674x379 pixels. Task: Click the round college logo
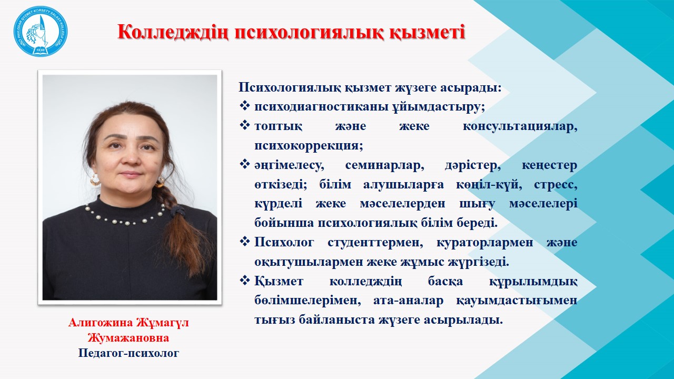[41, 32]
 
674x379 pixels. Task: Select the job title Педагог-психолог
[129, 353]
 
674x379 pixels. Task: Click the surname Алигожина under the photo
[101, 323]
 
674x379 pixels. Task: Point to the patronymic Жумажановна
[128, 338]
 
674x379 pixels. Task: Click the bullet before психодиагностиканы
[245, 106]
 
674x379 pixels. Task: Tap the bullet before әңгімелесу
[245, 164]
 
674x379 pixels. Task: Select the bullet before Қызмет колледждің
[245, 281]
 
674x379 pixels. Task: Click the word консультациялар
[520, 126]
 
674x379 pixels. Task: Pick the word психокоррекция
[309, 146]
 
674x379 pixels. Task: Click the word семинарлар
[384, 165]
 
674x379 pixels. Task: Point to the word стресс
[556, 185]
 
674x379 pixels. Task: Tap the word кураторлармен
[484, 243]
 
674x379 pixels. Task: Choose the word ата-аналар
[408, 301]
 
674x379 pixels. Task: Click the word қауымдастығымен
[517, 301]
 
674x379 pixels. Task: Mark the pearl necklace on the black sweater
[125, 216]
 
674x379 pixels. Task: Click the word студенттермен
[375, 243]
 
